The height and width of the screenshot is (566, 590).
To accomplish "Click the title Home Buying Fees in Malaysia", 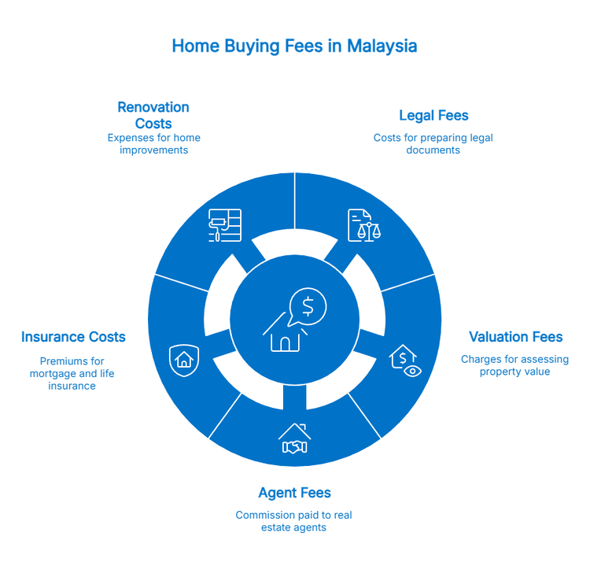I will [294, 46].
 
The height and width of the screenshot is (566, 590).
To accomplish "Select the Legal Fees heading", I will [433, 117].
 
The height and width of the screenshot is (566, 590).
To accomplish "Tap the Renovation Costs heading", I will [153, 116].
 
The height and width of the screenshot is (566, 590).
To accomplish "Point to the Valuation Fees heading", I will [515, 338].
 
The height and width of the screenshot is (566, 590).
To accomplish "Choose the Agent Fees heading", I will [294, 494].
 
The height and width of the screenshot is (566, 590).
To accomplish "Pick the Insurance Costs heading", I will [73, 338].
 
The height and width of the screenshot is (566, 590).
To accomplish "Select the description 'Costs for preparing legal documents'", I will [433, 143].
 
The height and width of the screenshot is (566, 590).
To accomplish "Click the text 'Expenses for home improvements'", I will [153, 143].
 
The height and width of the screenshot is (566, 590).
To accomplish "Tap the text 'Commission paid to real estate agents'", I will [294, 521].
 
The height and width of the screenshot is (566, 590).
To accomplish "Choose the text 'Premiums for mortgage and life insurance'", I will [72, 372].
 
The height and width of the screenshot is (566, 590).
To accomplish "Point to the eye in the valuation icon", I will [411, 370].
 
